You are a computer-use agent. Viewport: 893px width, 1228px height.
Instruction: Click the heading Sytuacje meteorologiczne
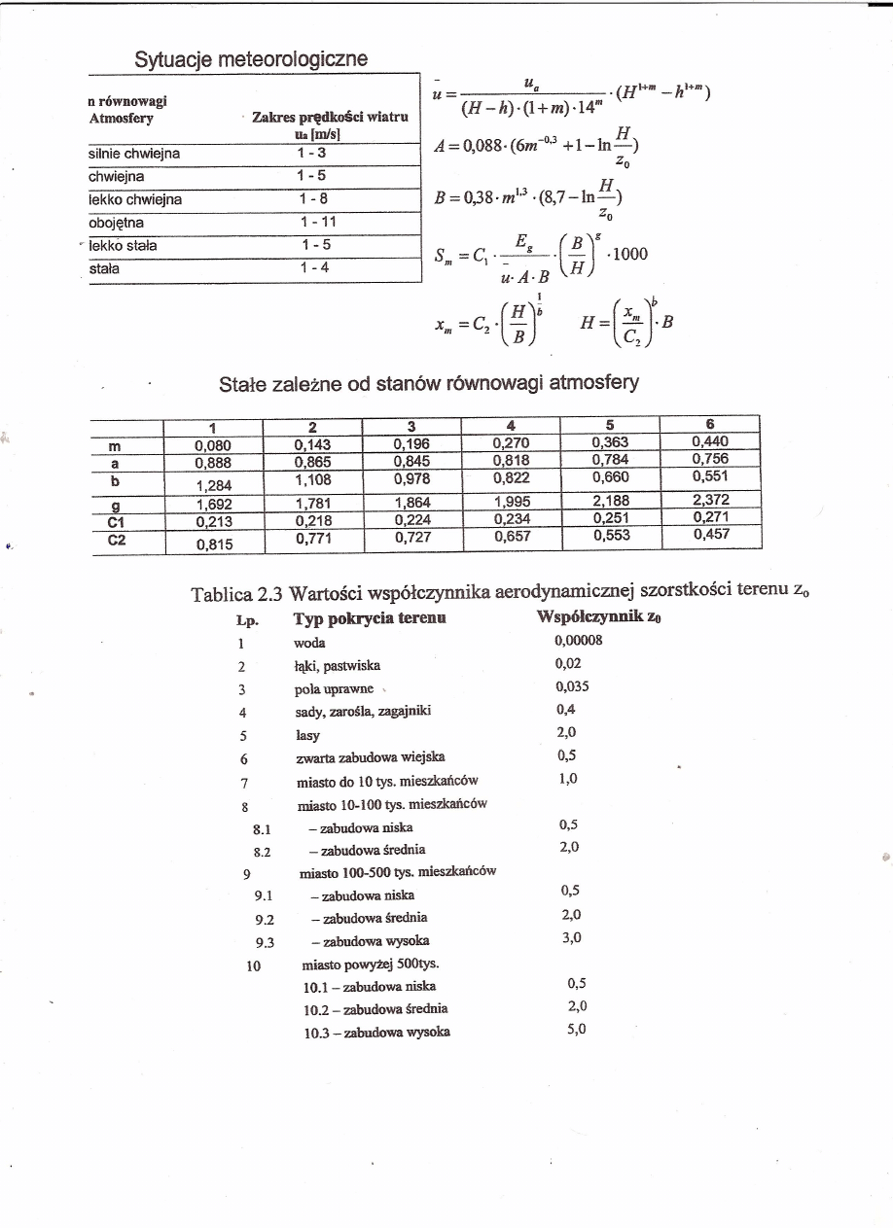click(251, 58)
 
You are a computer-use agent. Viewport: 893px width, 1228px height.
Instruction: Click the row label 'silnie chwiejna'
click(135, 153)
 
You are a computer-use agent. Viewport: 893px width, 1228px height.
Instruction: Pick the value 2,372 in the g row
click(711, 500)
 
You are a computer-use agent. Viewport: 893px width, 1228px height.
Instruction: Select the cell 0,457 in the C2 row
click(711, 534)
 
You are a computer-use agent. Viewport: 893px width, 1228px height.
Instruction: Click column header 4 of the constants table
click(511, 425)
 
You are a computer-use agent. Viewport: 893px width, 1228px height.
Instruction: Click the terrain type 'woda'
click(309, 643)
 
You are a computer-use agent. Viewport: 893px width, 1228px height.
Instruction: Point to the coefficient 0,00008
click(579, 641)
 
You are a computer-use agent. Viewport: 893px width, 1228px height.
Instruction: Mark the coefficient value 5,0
click(577, 1029)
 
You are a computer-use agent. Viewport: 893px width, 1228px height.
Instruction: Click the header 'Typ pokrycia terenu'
click(369, 619)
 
